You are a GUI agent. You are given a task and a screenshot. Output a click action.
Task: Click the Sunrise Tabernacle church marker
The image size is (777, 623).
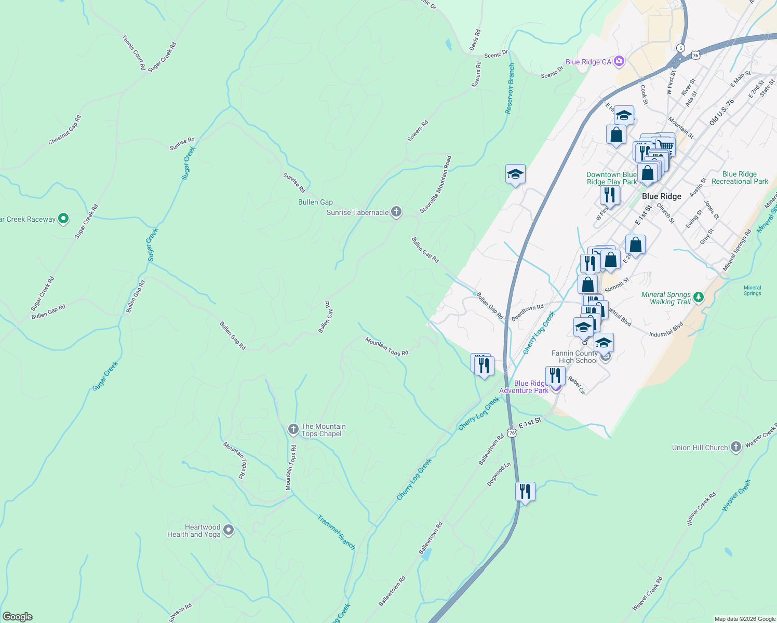coord(396,212)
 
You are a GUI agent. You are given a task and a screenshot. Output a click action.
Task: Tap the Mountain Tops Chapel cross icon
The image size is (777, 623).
coord(293,429)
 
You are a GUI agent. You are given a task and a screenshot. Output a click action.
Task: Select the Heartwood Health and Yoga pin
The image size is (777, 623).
coord(229,530)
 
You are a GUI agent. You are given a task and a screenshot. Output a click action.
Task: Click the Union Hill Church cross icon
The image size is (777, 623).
coord(735,447)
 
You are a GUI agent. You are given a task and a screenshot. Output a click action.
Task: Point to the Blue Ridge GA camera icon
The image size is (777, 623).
coord(619,62)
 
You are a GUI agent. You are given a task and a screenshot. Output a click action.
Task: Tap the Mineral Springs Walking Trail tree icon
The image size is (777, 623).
coord(699,297)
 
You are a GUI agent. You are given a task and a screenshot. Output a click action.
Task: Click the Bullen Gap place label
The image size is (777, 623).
coord(315,202)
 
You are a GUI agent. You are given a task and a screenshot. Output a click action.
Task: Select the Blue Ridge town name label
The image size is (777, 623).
coord(661,196)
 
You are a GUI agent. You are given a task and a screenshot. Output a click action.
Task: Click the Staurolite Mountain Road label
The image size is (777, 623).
coord(436,184)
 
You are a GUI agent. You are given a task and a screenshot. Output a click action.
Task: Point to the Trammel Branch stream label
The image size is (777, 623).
coord(336,532)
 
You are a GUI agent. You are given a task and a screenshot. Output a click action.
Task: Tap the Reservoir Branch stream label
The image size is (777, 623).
coord(511,88)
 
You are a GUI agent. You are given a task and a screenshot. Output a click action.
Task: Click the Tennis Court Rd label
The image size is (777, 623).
coord(133,52)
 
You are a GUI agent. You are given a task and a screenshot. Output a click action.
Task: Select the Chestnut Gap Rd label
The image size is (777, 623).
coord(65,130)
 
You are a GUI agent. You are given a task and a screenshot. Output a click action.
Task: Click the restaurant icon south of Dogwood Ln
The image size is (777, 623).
coord(525,491)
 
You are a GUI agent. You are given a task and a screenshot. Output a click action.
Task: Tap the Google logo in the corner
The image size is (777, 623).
coord(17,617)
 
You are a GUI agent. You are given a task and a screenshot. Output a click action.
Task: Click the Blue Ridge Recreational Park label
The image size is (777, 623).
coord(740,178)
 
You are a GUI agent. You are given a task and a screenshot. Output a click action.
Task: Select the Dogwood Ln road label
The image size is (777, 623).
coord(499,475)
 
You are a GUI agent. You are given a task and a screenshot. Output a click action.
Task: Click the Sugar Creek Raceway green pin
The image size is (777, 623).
coord(63,219)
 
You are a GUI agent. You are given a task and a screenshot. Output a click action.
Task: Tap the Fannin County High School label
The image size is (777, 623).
coord(574,357)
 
